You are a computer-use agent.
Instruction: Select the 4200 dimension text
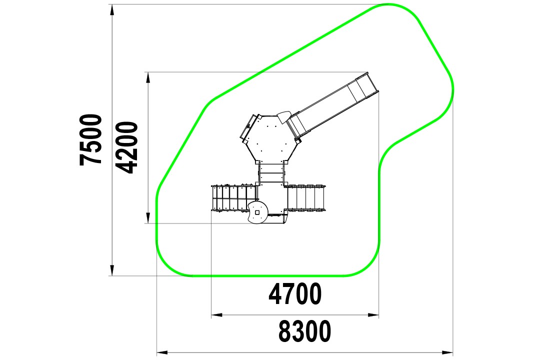tap(126, 147)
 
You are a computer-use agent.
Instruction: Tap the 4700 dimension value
tap(295, 294)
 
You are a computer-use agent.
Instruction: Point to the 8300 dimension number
tap(305, 331)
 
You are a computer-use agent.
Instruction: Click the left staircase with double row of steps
tap(234, 198)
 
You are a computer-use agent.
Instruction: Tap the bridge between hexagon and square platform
tap(271, 173)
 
